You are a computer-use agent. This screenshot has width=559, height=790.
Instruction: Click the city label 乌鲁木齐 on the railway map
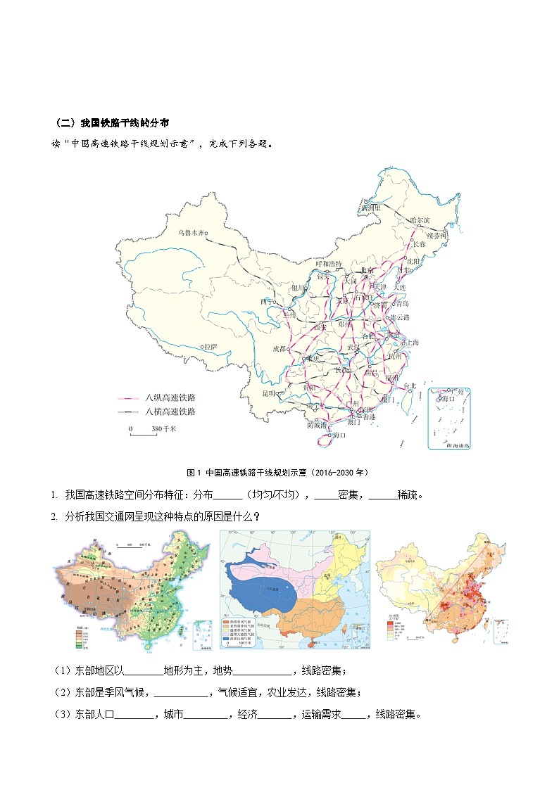point(191,231)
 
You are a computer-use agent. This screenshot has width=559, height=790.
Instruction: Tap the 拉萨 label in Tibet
point(211,347)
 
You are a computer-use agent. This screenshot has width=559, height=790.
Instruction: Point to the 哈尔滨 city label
point(420,220)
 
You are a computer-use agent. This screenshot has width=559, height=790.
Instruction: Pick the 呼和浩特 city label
point(328,264)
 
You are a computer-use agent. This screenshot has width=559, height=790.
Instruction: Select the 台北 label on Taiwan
point(409,386)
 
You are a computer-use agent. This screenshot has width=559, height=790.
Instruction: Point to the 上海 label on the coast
point(410,343)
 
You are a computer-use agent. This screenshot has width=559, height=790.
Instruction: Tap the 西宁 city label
point(266,302)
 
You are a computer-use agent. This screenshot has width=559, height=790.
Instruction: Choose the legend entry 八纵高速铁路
point(170,397)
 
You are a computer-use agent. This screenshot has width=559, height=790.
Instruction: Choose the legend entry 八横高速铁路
point(170,412)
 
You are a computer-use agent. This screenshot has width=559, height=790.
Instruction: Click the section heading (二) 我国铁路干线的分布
point(112,122)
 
